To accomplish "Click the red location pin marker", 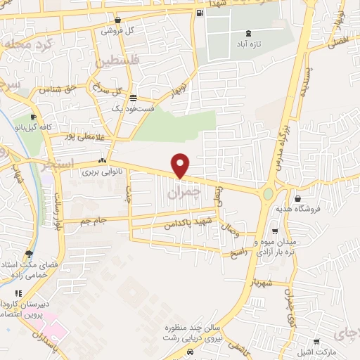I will click(181, 165).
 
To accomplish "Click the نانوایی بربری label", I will click(98, 171).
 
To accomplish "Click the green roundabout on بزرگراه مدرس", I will click(269, 193).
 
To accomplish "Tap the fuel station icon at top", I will click(201, 13).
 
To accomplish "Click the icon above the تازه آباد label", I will click(247, 33).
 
